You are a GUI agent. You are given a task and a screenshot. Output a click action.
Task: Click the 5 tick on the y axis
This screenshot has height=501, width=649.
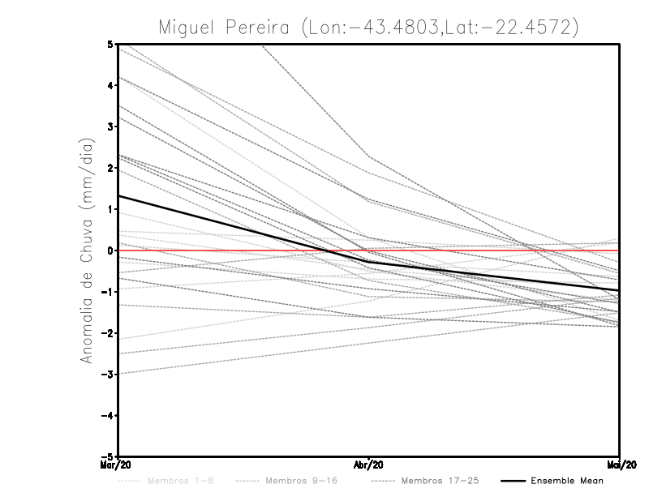pyautogui.click(x=111, y=44)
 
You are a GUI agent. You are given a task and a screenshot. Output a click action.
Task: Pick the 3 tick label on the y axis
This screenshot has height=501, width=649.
pyautogui.click(x=111, y=126)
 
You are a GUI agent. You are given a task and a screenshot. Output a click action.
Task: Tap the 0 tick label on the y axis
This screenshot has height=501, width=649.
pyautogui.click(x=111, y=250)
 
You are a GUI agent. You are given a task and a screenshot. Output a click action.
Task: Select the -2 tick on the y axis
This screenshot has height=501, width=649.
pyautogui.click(x=109, y=333)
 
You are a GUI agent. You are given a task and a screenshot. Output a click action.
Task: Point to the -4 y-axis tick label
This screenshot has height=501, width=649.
pyautogui.click(x=109, y=415)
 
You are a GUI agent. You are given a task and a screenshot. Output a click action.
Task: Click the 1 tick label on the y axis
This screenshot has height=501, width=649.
pyautogui.click(x=111, y=209)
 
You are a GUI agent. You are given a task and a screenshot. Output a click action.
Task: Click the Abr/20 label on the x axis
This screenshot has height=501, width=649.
pyautogui.click(x=369, y=465)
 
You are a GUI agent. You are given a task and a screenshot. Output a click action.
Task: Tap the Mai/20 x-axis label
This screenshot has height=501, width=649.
pyautogui.click(x=621, y=465)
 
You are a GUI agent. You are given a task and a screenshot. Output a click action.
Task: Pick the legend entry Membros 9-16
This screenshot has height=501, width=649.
pyautogui.click(x=299, y=481)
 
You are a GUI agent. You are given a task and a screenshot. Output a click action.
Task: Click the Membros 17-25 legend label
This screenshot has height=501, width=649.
pyautogui.click(x=441, y=481)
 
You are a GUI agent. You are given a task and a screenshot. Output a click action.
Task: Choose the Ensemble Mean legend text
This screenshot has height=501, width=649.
pyautogui.click(x=566, y=481)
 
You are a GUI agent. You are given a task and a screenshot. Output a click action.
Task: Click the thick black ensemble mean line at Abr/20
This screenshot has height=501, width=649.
pyautogui.click(x=369, y=263)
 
